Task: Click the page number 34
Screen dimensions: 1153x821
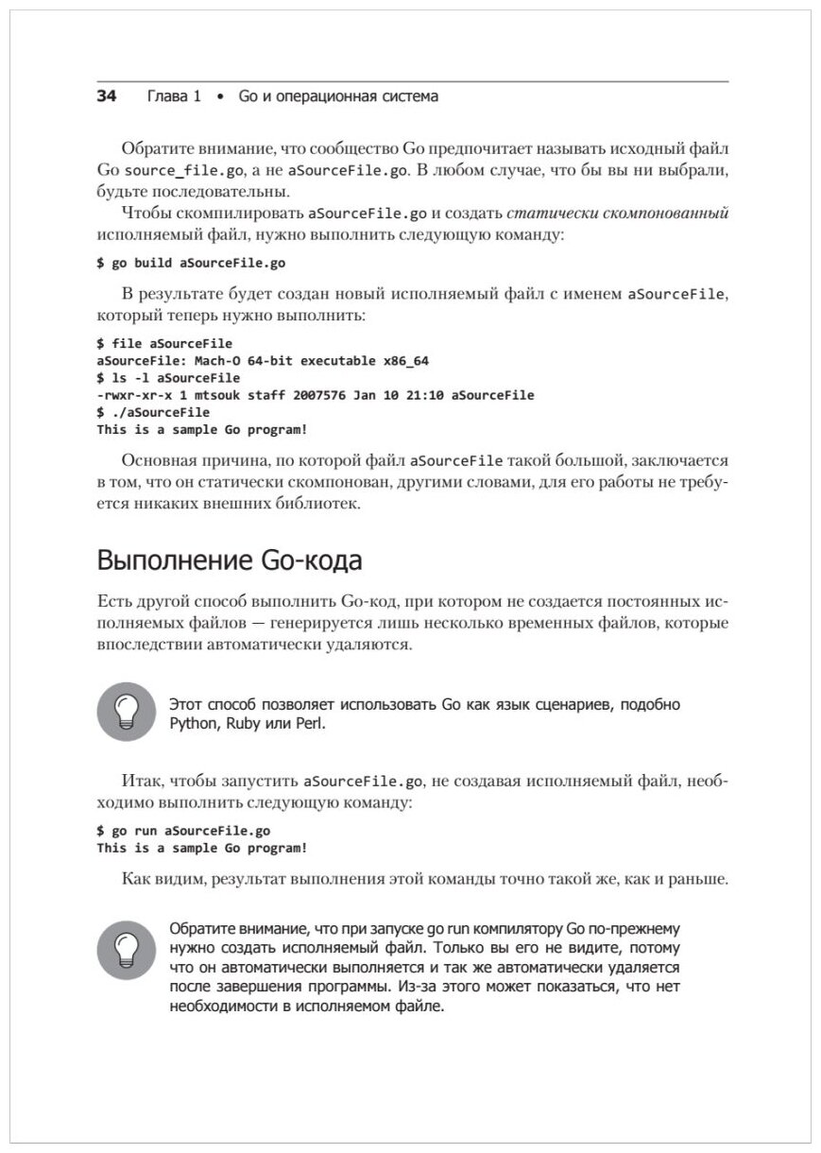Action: pyautogui.click(x=106, y=96)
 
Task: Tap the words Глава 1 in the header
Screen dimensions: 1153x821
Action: pyautogui.click(x=174, y=96)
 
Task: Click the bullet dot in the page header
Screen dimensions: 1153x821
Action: pyautogui.click(x=219, y=97)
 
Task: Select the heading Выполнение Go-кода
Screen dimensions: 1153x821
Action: pyautogui.click(x=230, y=560)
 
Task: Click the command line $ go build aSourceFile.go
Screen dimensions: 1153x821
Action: pyautogui.click(x=191, y=263)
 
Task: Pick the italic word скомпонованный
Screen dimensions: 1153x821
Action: pyautogui.click(x=676, y=213)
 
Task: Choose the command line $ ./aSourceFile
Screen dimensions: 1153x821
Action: pyautogui.click(x=153, y=412)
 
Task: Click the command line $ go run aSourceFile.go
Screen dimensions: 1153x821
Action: pyautogui.click(x=183, y=831)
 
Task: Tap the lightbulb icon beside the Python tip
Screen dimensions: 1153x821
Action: pyautogui.click(x=126, y=712)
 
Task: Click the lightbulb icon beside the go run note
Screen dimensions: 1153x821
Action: pyautogui.click(x=126, y=950)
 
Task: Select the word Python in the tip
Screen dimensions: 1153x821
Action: pyautogui.click(x=194, y=724)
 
